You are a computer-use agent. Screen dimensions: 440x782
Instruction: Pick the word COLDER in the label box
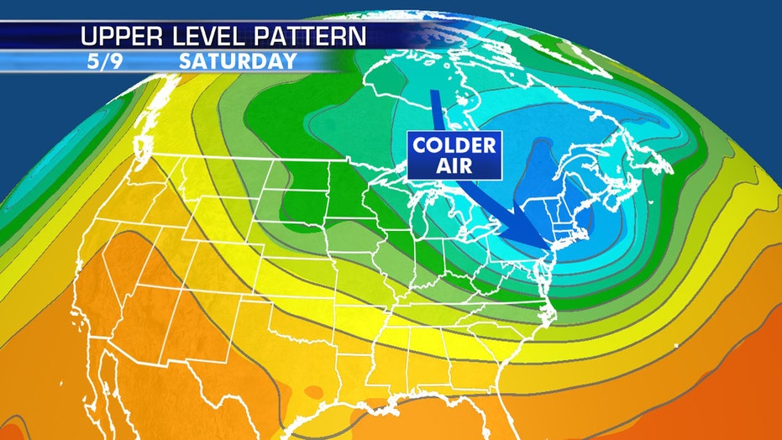454,144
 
